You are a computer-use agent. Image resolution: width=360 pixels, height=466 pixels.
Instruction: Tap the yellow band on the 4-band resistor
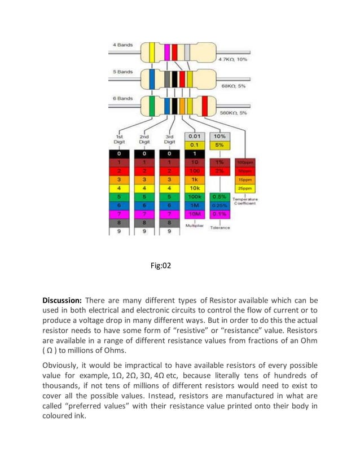[x=152, y=52]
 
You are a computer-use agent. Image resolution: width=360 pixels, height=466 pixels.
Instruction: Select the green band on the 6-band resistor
[x=153, y=105]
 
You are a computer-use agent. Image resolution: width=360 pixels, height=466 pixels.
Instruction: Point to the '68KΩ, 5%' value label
[x=232, y=86]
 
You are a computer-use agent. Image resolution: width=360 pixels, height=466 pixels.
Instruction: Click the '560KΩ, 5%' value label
[x=234, y=113]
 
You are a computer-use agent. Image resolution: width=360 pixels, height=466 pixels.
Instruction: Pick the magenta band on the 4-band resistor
[x=167, y=52]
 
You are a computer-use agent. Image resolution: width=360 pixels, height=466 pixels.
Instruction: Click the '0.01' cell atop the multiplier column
[x=194, y=136]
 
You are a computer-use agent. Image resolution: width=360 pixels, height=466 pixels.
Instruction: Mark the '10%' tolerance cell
[x=219, y=136]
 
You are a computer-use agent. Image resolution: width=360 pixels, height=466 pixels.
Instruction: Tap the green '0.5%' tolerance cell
[x=219, y=197]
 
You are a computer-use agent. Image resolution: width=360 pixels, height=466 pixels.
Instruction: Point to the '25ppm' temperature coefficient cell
[x=245, y=187]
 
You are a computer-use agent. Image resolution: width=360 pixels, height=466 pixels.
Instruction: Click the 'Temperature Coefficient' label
[x=245, y=201]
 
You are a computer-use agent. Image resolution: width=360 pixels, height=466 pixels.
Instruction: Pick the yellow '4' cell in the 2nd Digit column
[x=144, y=188]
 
